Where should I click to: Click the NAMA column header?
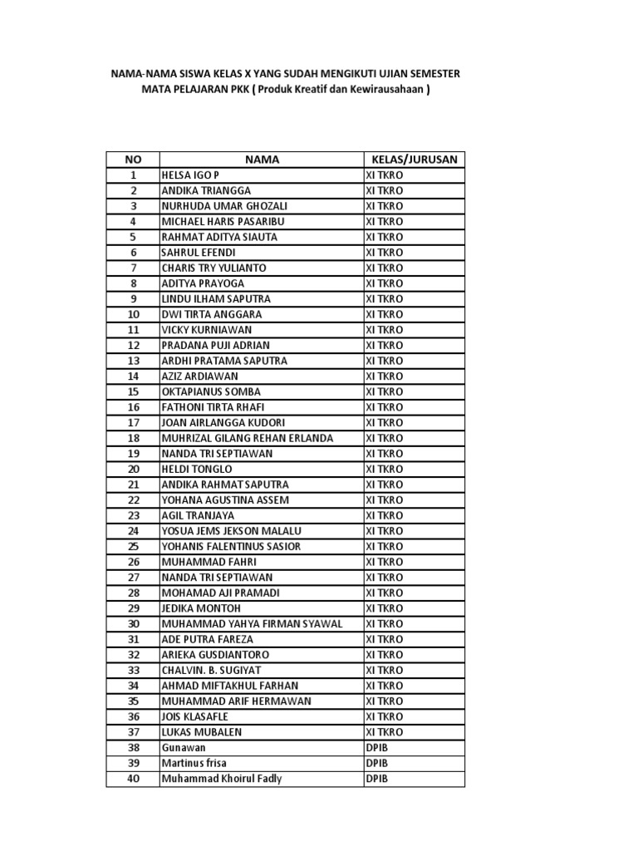262,160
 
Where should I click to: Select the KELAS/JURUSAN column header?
413,160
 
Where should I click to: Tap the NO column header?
133,160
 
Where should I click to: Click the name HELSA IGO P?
190,175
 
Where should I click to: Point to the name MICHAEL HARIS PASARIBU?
223,222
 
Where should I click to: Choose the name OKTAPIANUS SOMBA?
210,391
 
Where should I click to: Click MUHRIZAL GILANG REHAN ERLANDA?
247,438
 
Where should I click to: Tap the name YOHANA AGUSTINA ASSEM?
220,500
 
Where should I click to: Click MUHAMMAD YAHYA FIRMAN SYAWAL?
252,624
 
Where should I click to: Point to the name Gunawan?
183,748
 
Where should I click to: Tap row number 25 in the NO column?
133,546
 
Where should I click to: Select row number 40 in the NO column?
133,779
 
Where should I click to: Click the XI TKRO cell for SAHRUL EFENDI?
385,253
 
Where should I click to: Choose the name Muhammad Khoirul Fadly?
222,779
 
